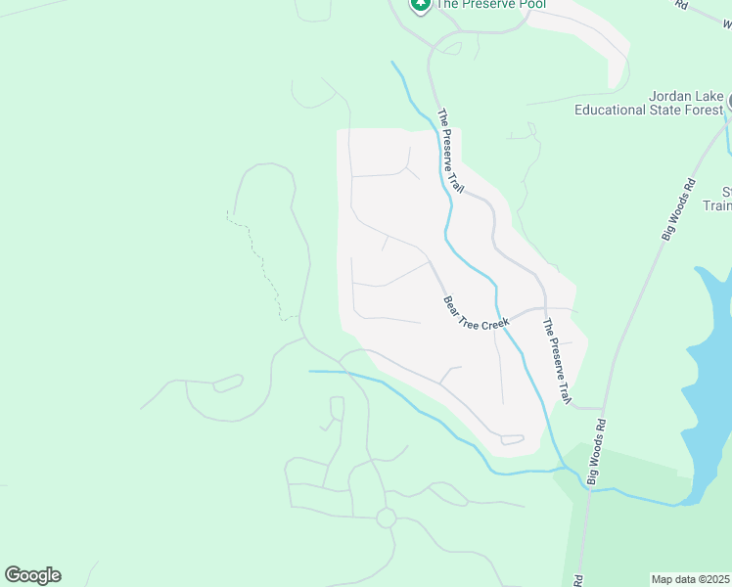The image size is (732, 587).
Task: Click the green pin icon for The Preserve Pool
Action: coord(421,5)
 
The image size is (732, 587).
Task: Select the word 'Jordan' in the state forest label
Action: coord(672,96)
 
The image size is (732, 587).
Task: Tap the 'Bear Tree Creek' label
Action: coord(477,314)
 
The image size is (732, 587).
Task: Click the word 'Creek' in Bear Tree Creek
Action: coord(497,322)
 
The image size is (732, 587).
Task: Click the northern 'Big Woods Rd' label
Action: coord(677,207)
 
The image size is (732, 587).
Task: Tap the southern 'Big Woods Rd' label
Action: coord(598,450)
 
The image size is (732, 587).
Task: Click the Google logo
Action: coord(32,575)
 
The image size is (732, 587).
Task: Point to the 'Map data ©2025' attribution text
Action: coord(691,579)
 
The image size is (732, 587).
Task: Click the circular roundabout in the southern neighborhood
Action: coord(386,517)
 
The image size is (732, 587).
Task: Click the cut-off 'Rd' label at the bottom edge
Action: coord(578,581)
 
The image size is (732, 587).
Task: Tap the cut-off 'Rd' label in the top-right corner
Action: coord(682,5)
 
